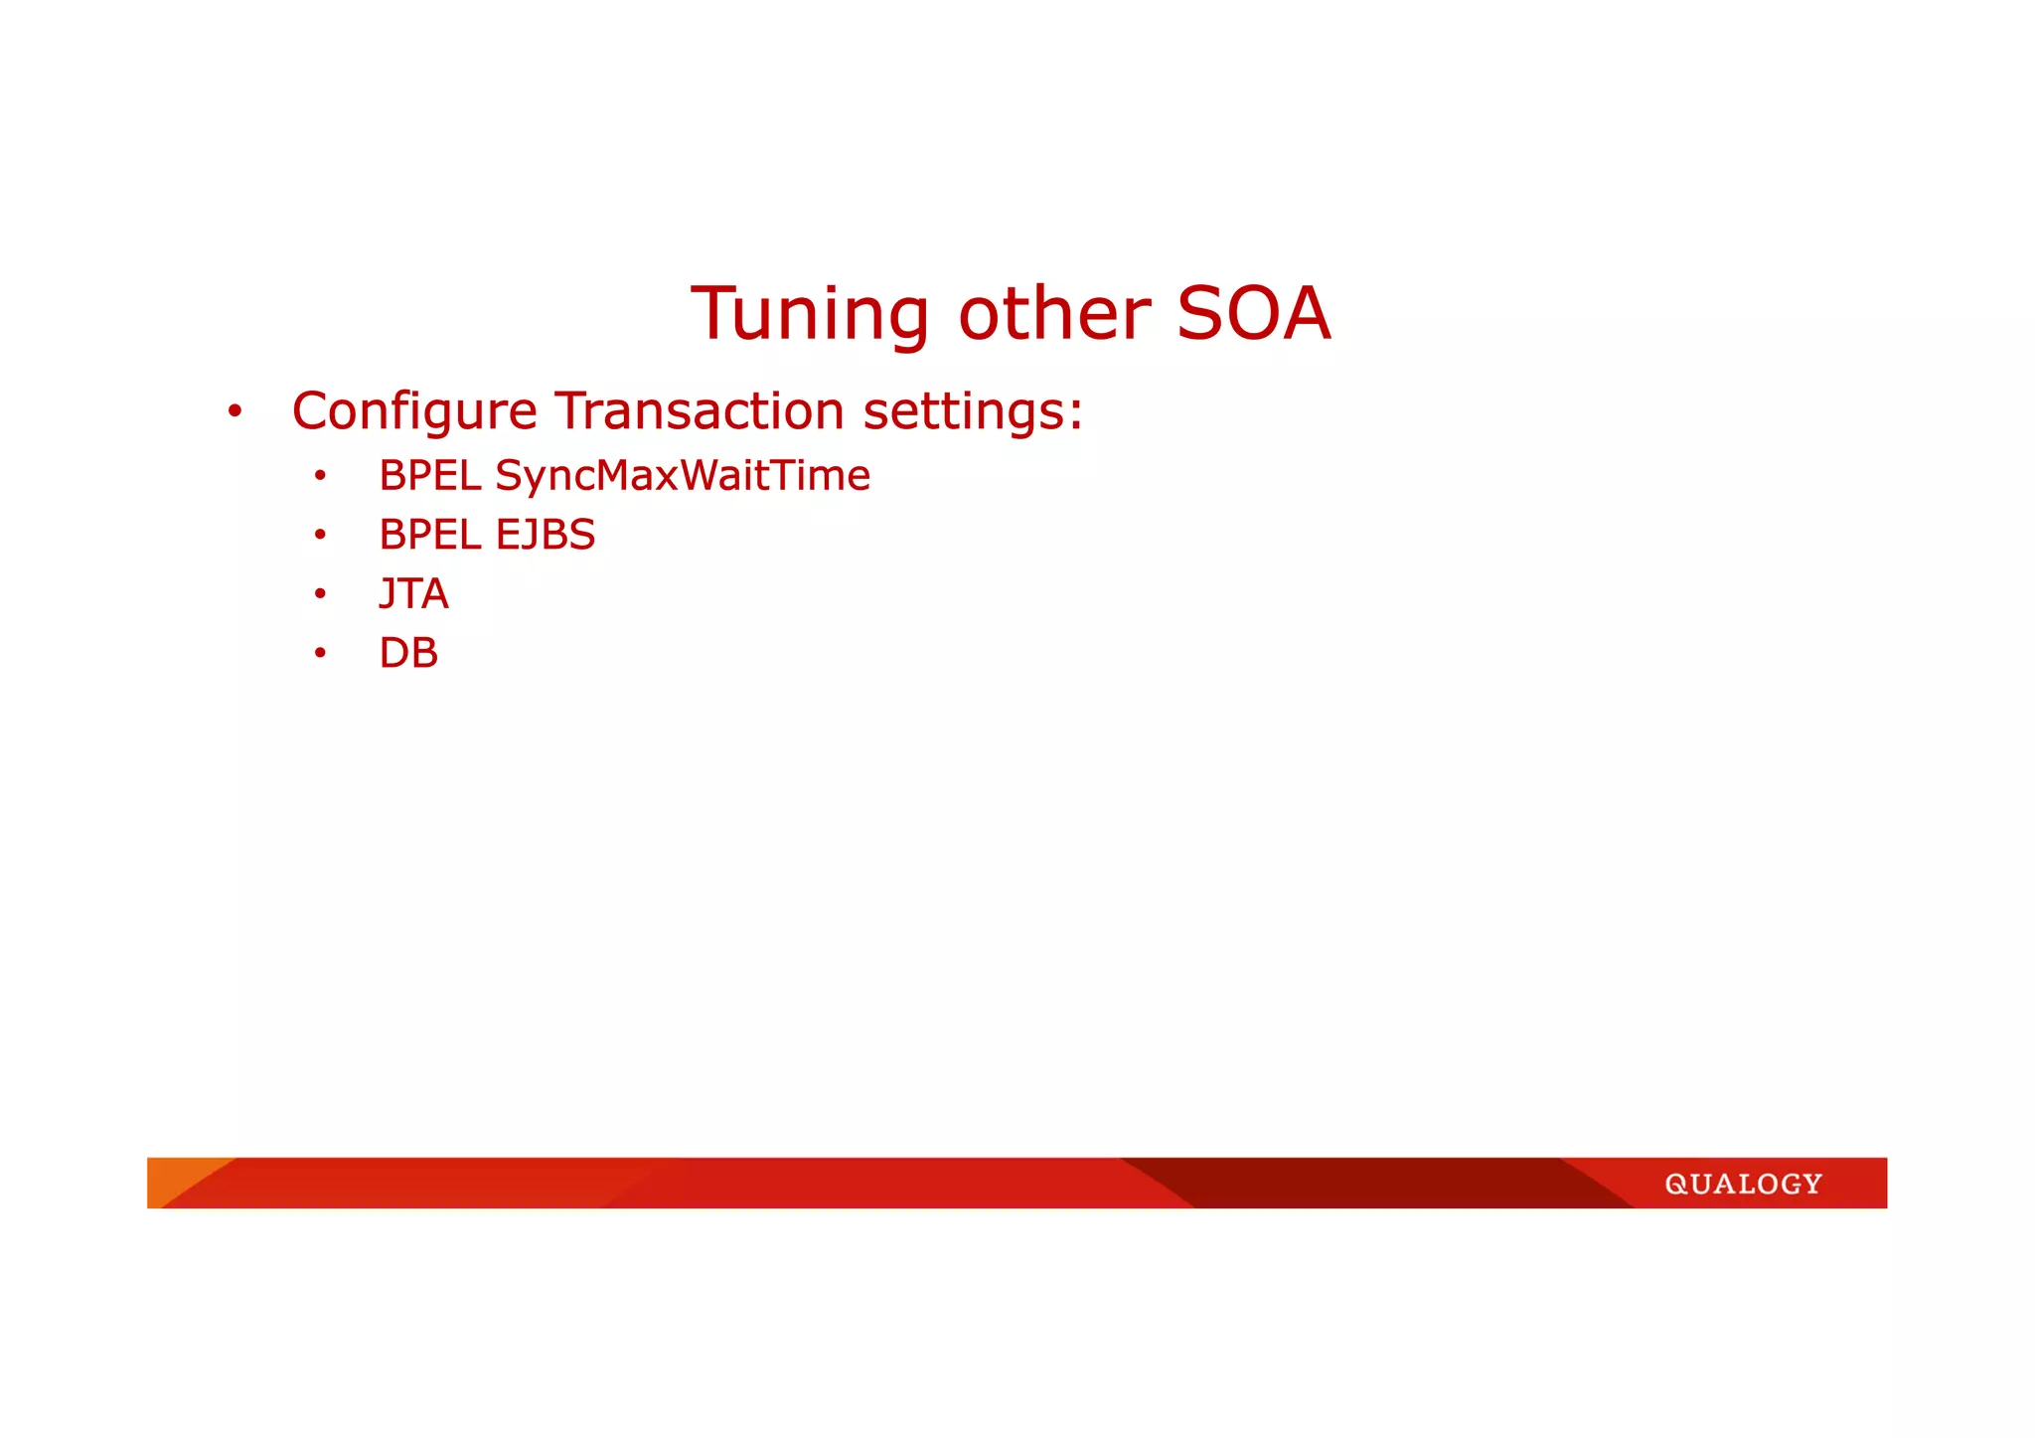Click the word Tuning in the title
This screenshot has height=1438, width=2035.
point(810,315)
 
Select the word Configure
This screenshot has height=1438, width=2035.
point(414,411)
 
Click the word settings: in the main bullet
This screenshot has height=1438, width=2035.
point(972,411)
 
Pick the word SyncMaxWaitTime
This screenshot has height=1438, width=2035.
point(683,476)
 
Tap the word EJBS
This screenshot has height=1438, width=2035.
point(545,535)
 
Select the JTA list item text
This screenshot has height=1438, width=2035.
point(413,594)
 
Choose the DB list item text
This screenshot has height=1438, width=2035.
point(408,653)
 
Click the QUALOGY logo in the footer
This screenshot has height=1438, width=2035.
point(1743,1184)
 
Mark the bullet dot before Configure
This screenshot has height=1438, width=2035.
point(235,411)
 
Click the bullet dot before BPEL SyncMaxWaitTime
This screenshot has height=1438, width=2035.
point(320,477)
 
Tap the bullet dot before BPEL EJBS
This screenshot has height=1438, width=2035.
point(320,536)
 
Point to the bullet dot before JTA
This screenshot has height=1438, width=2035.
point(320,594)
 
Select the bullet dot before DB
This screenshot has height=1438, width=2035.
point(320,654)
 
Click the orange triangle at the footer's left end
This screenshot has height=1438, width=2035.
point(174,1175)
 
